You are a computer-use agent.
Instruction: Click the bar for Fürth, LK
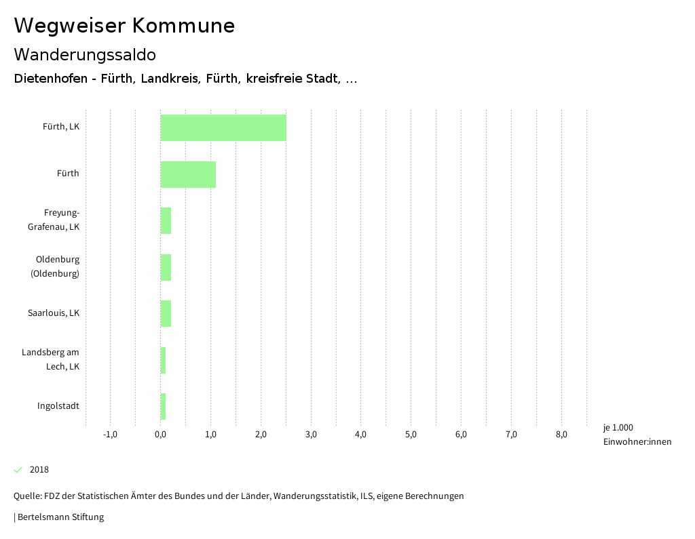tap(223, 127)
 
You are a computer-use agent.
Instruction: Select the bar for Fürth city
tap(188, 174)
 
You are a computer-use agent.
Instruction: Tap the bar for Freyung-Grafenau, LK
tap(166, 220)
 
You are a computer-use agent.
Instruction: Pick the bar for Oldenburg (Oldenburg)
tap(166, 267)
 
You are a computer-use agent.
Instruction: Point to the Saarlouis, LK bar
tap(166, 313)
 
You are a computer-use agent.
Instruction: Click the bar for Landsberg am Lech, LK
tap(163, 360)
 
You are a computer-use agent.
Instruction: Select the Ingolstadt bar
tap(163, 406)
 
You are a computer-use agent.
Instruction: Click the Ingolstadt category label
tap(58, 406)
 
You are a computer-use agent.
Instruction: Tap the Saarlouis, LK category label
tap(54, 313)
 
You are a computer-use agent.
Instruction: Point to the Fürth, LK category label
tap(61, 127)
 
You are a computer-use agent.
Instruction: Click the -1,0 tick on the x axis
tap(110, 435)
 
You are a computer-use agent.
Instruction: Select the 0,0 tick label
tap(161, 435)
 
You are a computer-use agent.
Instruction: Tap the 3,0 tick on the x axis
tap(311, 435)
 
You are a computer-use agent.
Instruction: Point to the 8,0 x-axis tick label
tap(561, 435)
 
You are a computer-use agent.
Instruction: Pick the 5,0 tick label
tap(411, 435)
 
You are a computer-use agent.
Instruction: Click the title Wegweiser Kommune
tap(124, 26)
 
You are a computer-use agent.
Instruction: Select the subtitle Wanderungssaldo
tap(85, 55)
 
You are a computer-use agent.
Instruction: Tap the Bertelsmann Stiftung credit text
tap(60, 517)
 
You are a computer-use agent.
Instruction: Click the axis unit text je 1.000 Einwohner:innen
tap(637, 435)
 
